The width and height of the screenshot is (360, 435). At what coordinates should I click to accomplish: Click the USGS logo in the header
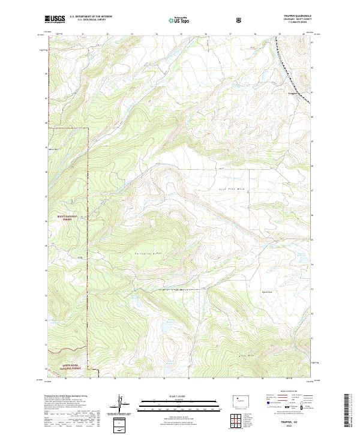pyautogui.click(x=55, y=19)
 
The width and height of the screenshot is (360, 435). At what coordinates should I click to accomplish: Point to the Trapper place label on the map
pyautogui.click(x=292, y=93)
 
